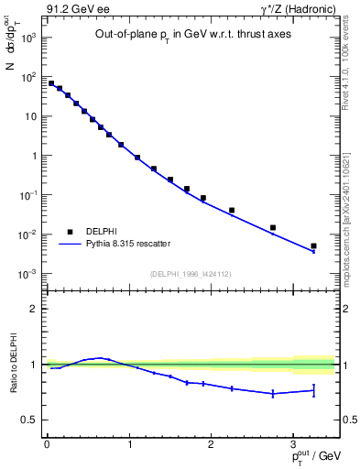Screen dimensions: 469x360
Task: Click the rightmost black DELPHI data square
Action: click(313, 245)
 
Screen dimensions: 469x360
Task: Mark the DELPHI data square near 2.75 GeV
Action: click(273, 227)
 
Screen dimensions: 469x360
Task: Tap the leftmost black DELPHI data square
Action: click(51, 83)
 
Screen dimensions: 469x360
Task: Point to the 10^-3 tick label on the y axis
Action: click(28, 274)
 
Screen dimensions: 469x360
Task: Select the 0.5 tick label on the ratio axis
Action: click(29, 420)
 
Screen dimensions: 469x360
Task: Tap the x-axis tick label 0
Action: click(47, 444)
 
